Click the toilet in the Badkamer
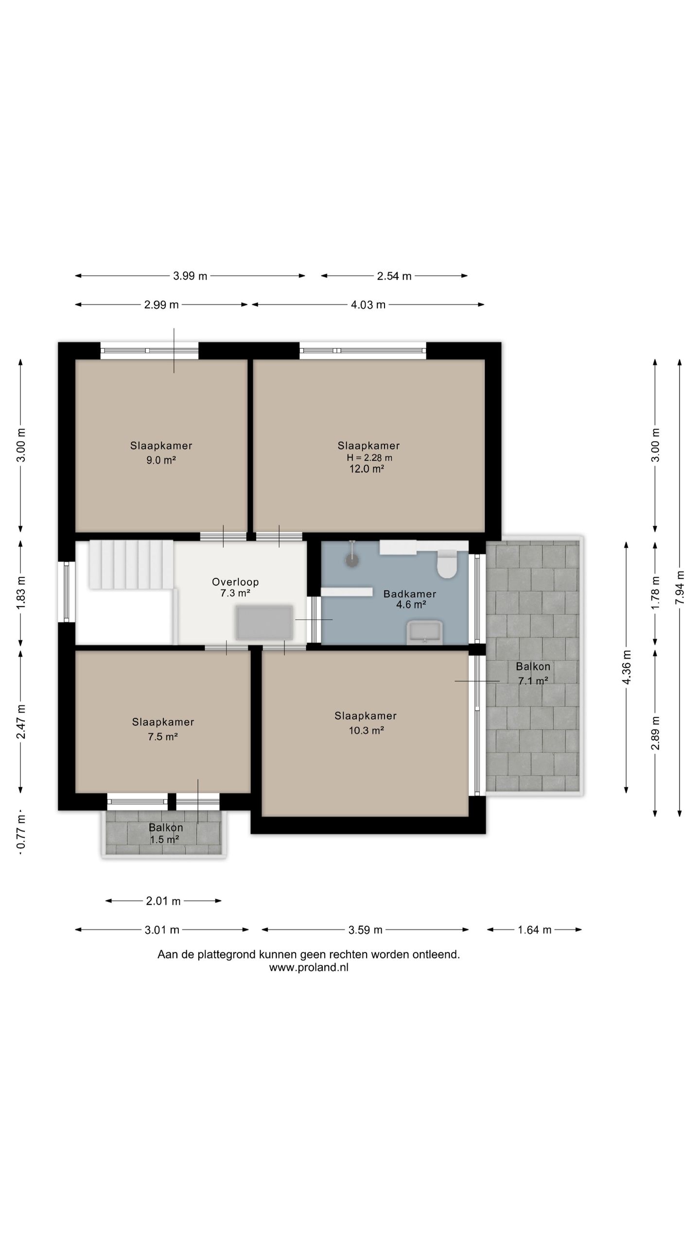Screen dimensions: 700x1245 447,564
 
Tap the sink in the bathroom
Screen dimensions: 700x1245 424,632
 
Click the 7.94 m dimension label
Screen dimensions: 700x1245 680,588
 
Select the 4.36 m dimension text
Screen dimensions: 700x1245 626,667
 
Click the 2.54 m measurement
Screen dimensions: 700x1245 394,276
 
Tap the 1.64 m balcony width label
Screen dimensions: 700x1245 534,930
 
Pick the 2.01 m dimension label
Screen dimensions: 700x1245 163,901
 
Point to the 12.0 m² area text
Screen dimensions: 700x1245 367,469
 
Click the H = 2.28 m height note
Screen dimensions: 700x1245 369,458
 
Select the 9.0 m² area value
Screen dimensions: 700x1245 161,460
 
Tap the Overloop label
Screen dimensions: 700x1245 235,582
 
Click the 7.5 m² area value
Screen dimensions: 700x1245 163,737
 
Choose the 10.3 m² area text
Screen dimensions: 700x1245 367,730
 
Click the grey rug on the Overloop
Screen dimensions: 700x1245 265,622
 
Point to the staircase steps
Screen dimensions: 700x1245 131,564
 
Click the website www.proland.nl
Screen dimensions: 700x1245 309,967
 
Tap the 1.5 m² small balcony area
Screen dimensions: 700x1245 164,840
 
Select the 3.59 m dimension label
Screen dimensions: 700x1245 365,930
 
